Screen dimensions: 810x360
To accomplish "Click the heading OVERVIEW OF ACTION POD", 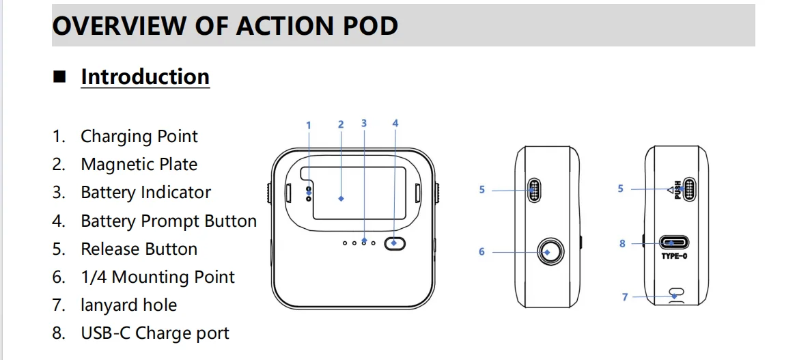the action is (225, 26).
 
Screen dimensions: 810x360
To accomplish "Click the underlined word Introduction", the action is (145, 77).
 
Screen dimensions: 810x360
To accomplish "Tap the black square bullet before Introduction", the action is (60, 77).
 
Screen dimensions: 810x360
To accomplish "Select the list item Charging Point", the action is (139, 137).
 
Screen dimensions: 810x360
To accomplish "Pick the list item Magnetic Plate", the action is (139, 164).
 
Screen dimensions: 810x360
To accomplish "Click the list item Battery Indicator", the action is (145, 192).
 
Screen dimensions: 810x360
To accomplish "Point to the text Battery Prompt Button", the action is (169, 221).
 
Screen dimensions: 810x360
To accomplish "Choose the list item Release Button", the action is (139, 249).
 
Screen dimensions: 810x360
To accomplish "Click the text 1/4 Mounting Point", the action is (158, 277).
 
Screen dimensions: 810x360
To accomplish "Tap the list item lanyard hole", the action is (128, 305).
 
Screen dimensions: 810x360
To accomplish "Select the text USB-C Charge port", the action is (155, 333).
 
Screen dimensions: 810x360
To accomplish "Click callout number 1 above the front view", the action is (309, 126).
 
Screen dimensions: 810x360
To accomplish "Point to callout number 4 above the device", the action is (395, 124).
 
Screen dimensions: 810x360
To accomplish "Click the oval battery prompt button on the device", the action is (395, 243).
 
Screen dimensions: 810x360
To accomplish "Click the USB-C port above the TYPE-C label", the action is (673, 243).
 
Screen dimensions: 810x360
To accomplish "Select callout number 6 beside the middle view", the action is (481, 252).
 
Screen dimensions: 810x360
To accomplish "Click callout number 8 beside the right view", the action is (622, 244).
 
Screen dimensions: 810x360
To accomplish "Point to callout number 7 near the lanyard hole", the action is (624, 297).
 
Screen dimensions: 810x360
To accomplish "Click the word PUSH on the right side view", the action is (678, 189).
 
